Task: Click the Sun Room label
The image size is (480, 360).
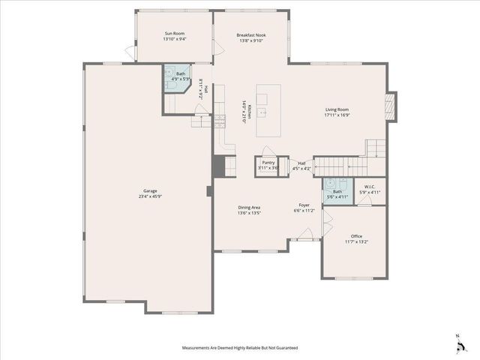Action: (x=175, y=34)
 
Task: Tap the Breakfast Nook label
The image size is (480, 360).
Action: (x=251, y=34)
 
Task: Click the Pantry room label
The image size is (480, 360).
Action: (x=268, y=162)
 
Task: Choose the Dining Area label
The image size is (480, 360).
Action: (x=249, y=207)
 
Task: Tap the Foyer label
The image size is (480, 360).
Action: (x=304, y=205)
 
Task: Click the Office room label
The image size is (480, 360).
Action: (x=356, y=236)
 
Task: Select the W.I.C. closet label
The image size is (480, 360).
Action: (x=370, y=187)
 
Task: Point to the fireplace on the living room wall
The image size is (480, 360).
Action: (x=388, y=105)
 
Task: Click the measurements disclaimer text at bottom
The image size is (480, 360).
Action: (x=240, y=348)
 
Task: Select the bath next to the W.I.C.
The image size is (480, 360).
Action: (x=337, y=192)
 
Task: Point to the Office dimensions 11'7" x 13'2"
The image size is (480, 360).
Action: (x=356, y=242)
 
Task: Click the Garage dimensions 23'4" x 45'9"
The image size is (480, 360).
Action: (x=146, y=196)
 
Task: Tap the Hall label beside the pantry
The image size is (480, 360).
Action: (x=301, y=163)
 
